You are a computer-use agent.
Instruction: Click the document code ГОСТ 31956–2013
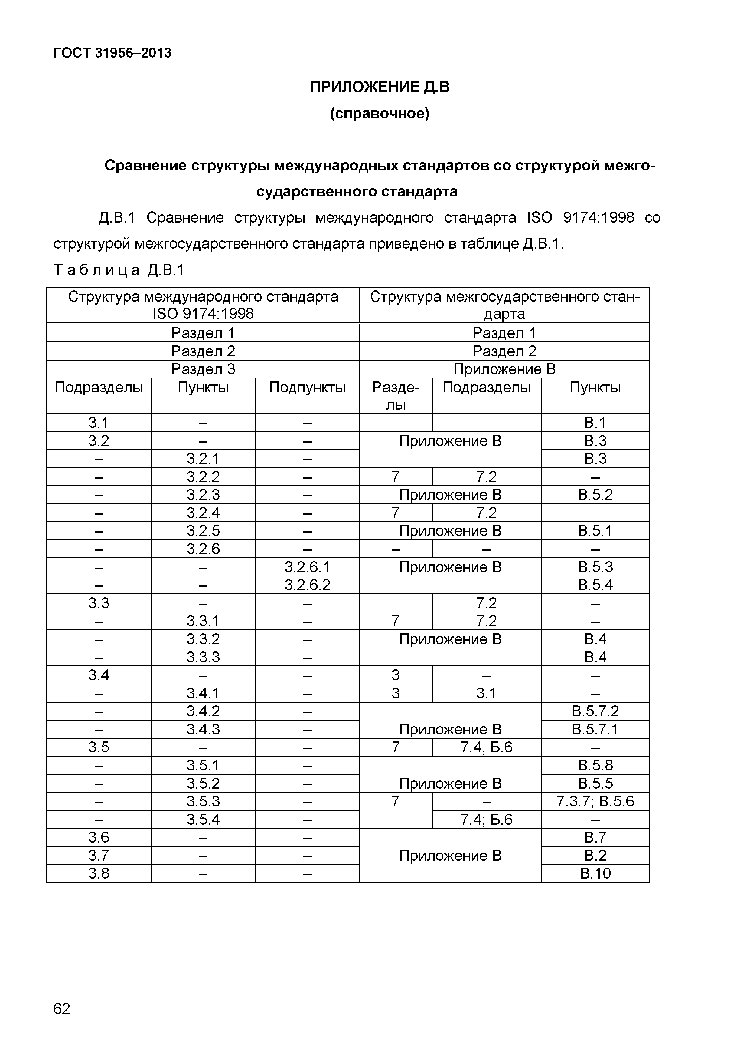tap(112, 53)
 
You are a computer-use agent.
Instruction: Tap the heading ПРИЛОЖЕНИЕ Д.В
tap(380, 87)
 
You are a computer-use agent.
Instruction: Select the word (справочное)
tap(380, 113)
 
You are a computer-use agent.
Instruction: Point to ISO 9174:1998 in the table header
tap(203, 314)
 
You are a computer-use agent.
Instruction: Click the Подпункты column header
tap(307, 388)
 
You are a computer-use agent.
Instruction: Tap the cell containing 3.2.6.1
tap(307, 567)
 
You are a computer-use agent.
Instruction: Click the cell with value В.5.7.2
tap(595, 711)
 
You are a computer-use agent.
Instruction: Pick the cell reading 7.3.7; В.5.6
tap(595, 801)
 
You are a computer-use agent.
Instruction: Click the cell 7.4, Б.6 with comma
tap(487, 747)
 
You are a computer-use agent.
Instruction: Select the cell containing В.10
tap(595, 873)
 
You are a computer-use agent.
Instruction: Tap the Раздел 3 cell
tap(203, 369)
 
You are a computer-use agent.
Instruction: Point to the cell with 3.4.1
tap(203, 693)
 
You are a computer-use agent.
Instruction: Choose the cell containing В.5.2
tap(595, 495)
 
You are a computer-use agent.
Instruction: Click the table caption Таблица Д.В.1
tap(119, 270)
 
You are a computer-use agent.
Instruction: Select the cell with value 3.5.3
tap(203, 801)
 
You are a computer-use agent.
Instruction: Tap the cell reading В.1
tap(595, 423)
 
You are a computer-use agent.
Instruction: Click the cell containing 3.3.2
tap(203, 639)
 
